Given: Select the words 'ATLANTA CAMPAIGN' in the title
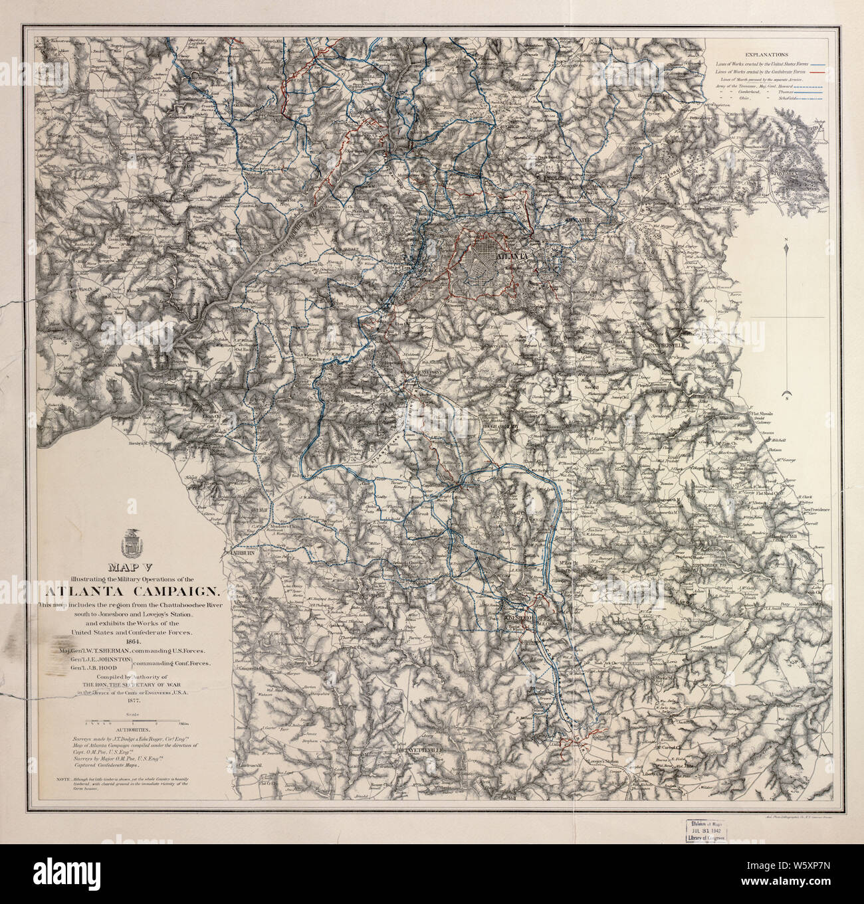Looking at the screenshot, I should point(130,590).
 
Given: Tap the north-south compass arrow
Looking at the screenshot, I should point(786,319).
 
